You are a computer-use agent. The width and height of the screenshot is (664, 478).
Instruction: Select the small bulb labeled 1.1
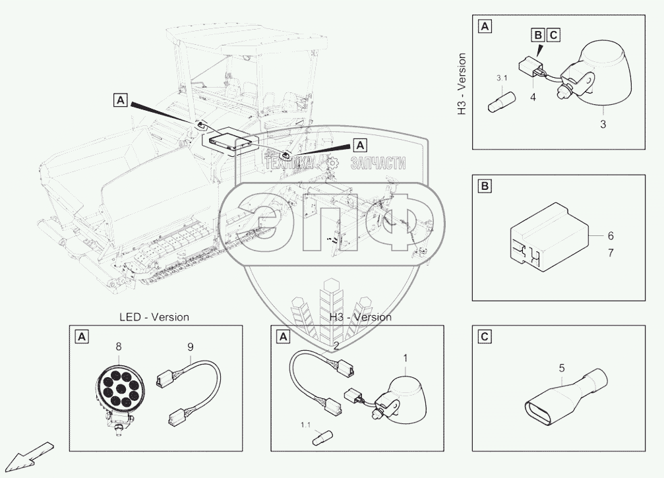point(323,436)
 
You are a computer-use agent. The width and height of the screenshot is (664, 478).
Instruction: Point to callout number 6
point(610,235)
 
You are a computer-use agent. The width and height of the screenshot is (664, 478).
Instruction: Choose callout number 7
point(610,253)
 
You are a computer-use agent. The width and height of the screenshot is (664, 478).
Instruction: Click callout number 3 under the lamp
point(603,123)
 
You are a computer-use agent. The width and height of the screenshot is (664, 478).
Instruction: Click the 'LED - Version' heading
point(154,317)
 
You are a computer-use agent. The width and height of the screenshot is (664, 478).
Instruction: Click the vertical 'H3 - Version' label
point(462,85)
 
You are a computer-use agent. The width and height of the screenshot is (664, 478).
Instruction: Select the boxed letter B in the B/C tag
point(537,35)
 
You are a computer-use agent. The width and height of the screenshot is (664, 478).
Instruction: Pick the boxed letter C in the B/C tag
point(553,35)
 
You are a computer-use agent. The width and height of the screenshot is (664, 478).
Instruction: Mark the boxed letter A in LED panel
point(81,338)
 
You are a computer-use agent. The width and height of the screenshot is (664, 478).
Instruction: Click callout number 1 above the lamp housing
point(406,358)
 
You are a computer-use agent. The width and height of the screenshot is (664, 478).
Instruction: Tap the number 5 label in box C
point(562,367)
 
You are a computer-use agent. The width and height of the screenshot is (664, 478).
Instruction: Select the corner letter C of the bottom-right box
point(485,337)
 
